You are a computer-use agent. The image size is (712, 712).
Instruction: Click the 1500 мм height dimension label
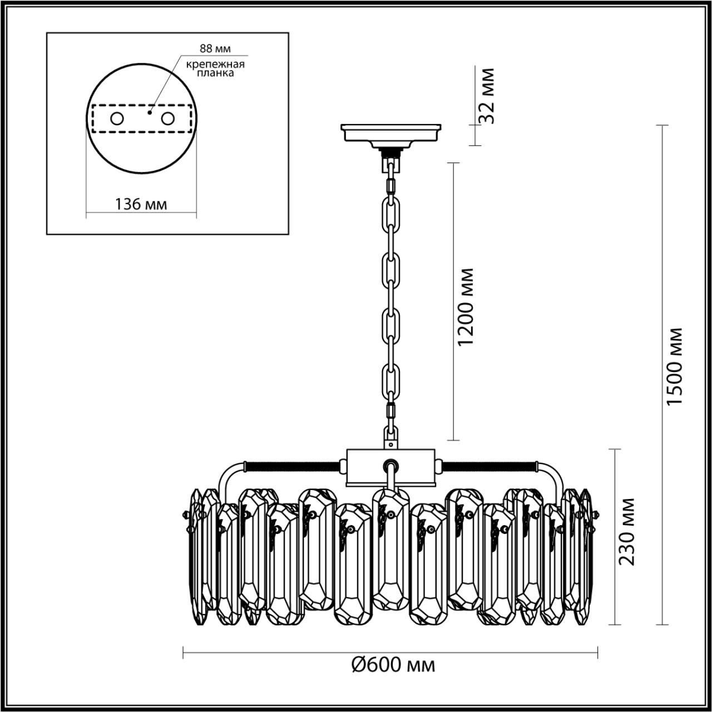(x=675, y=366)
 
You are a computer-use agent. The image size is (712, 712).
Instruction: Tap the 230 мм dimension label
(x=627, y=531)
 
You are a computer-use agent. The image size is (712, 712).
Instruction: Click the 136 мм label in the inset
(x=141, y=204)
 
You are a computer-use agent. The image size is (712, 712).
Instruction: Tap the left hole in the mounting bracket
(x=117, y=118)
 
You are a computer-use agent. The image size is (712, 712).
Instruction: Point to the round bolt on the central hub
(x=391, y=465)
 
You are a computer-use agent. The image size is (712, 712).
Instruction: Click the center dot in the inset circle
(x=149, y=112)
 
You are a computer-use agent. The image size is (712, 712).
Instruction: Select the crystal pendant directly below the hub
(x=390, y=548)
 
